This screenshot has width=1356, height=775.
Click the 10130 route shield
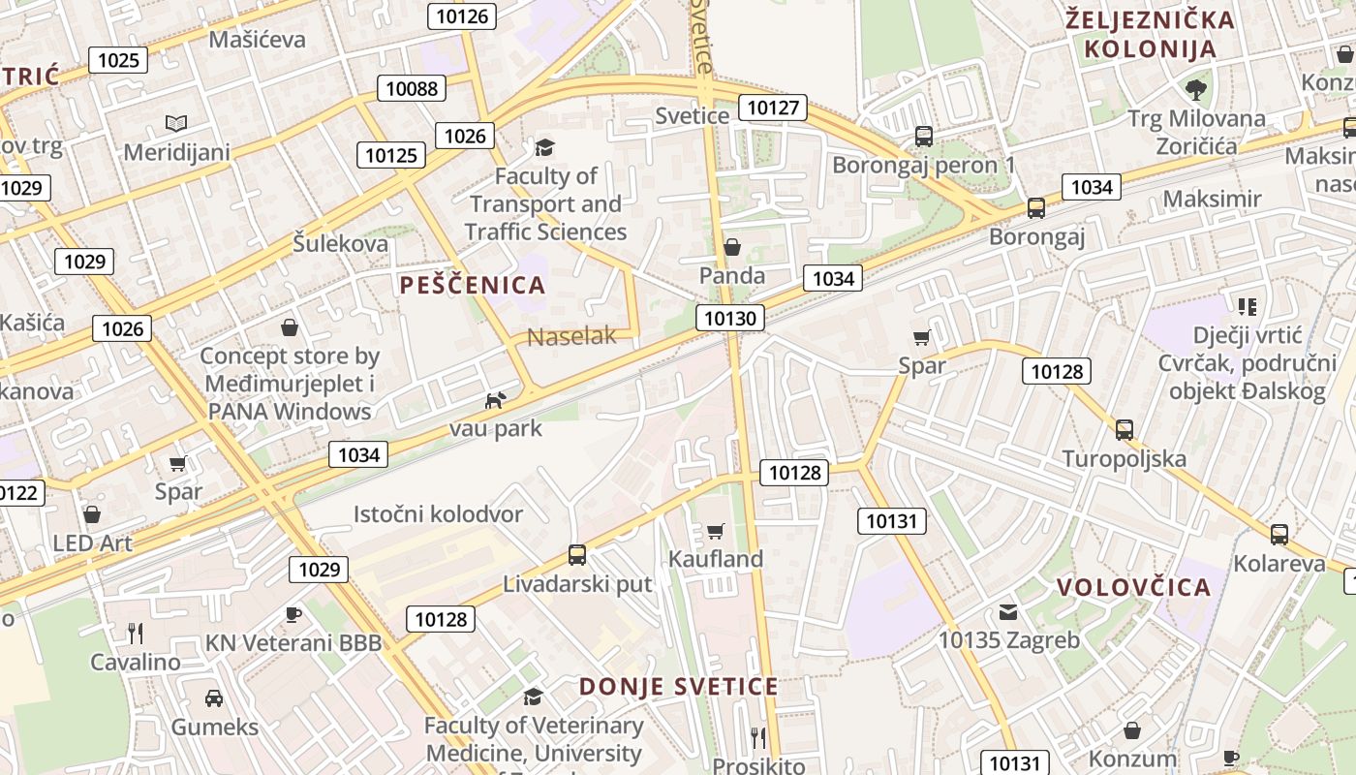coord(729,318)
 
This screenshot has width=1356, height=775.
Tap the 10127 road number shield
coord(773,107)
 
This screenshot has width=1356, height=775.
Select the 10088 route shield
coord(412,88)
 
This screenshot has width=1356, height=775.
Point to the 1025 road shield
coord(118,60)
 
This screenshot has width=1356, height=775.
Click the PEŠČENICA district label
coord(473,285)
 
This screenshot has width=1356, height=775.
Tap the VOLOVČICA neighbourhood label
coord(1133,587)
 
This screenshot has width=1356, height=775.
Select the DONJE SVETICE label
coord(678,687)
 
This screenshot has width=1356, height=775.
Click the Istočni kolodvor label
coord(438,514)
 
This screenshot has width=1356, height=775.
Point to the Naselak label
coord(571,336)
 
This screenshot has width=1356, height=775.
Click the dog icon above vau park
coord(495,400)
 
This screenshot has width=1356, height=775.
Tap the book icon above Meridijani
coord(175,123)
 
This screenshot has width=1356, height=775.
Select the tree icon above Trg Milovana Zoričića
coord(1196,90)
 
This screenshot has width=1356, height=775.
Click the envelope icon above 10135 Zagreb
coord(1008,611)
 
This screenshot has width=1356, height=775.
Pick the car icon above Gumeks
coord(214,697)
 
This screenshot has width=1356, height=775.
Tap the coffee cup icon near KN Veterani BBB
coord(293,614)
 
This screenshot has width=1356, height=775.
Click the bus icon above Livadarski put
coord(577,555)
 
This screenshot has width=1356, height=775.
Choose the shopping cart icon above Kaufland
coord(715,530)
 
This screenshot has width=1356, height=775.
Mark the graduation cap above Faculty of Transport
coord(545,147)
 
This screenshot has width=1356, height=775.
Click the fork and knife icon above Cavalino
coord(136,634)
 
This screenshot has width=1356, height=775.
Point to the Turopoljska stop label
coord(1124,458)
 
